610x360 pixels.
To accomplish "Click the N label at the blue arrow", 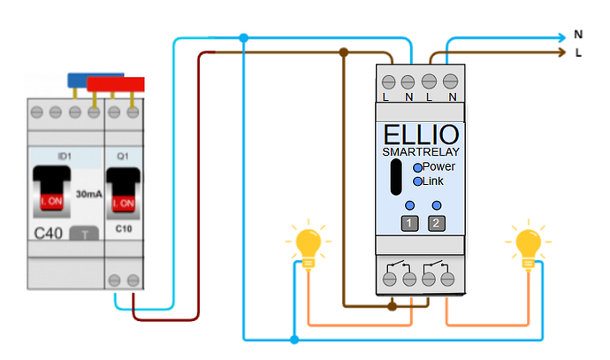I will (x=578, y=34).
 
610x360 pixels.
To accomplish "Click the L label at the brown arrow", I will (x=578, y=54).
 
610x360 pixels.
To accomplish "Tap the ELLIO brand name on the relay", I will (x=421, y=135).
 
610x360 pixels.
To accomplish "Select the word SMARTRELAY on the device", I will (x=421, y=152).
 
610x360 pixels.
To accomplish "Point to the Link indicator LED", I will (x=418, y=181).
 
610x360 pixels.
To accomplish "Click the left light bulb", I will (x=308, y=244).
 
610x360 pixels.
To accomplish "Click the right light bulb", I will (x=528, y=244).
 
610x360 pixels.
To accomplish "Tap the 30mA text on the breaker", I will (x=88, y=193).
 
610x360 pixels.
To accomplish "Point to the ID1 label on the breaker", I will (x=64, y=156).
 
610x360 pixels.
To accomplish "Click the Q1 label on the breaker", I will (x=123, y=156).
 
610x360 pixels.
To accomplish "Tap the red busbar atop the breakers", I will (x=116, y=84).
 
